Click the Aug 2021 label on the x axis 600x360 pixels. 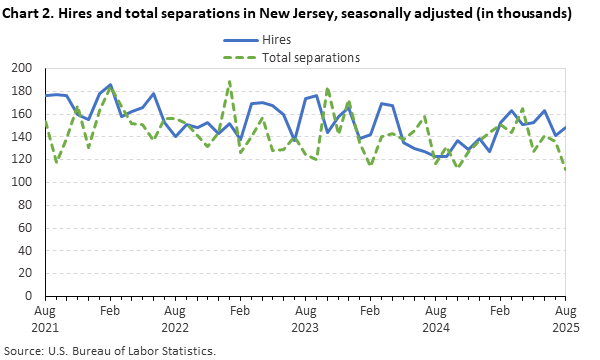click(x=45, y=319)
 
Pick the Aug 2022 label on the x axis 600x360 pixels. click(x=174, y=319)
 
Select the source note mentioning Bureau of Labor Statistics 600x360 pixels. click(x=110, y=351)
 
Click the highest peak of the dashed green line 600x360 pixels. click(x=229, y=81)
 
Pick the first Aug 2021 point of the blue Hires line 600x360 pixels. click(x=46, y=95)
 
